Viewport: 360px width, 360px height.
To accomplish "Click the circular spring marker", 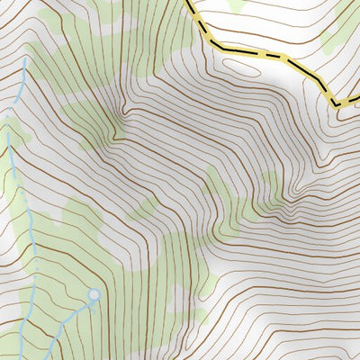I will click(93, 294).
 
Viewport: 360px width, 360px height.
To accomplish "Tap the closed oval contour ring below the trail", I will click(240, 64).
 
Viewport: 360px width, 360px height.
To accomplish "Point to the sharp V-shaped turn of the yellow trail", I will click(337, 104).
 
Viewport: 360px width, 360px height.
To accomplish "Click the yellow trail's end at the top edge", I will click(191, 3).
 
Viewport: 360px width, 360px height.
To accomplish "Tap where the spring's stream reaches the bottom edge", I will click(47, 357).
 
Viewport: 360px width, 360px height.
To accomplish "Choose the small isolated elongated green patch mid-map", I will click(141, 211).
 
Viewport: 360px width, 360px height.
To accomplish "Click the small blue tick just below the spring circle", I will click(92, 304).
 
